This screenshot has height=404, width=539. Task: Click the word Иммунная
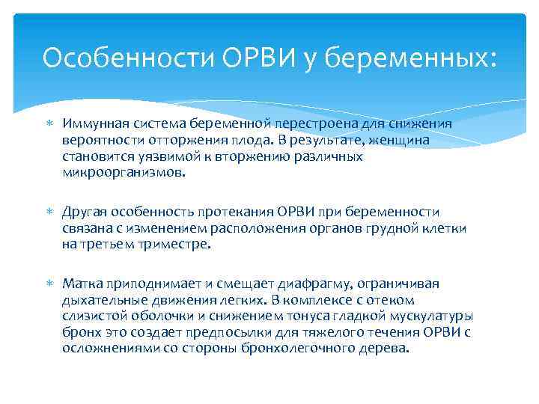(x=94, y=123)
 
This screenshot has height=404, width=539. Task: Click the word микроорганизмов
(x=121, y=172)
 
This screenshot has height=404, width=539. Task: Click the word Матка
(x=83, y=284)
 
